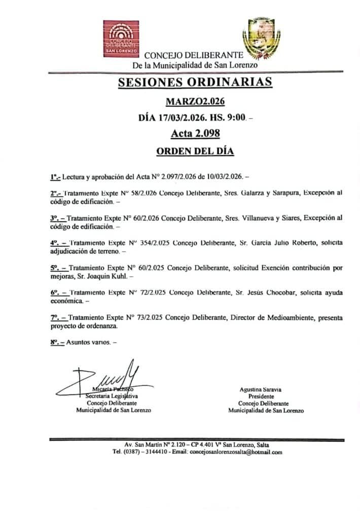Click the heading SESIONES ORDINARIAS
(x=195, y=82)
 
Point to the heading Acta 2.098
(x=195, y=134)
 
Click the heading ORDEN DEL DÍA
(x=195, y=151)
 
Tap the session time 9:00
(x=237, y=118)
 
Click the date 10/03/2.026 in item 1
(x=222, y=177)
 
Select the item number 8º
(x=54, y=342)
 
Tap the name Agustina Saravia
(x=261, y=390)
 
